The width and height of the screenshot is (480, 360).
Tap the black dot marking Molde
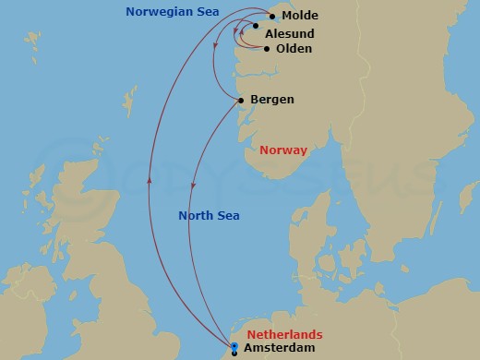(272, 16)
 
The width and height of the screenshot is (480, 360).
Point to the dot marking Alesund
(256, 26)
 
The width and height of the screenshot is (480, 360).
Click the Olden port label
(294, 48)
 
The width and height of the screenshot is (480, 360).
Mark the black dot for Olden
(267, 48)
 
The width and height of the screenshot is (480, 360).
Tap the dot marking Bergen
(241, 100)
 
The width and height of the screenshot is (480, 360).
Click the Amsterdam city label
(281, 347)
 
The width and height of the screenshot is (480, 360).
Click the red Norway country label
(283, 150)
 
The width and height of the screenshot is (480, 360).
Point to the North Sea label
(209, 215)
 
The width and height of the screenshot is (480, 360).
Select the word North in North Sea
(197, 215)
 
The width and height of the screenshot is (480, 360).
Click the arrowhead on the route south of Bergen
(192, 186)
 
